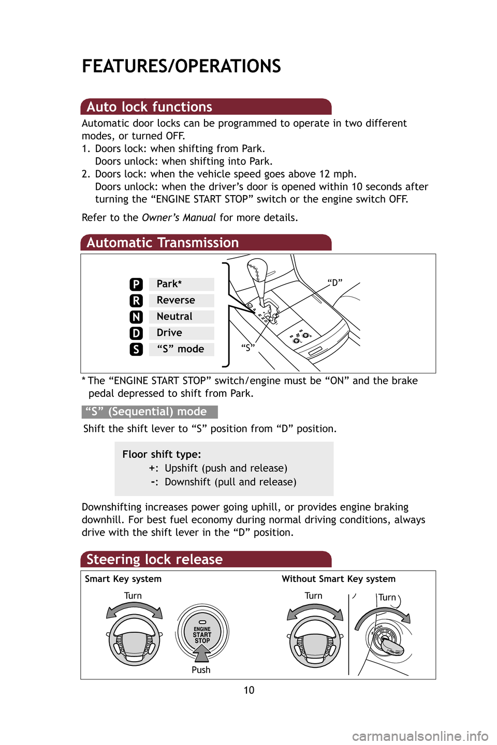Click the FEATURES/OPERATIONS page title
[181, 66]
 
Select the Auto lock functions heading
[149, 107]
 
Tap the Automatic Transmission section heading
[163, 243]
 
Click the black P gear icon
[136, 284]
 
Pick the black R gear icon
[136, 301]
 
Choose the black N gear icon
[136, 317]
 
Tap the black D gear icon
[136, 333]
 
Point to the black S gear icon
[136, 349]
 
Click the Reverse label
[176, 301]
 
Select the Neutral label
[174, 317]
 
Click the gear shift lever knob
[257, 271]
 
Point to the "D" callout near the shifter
[335, 282]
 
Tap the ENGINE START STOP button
[202, 632]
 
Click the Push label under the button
[201, 670]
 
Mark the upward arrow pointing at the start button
[201, 654]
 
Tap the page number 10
[249, 690]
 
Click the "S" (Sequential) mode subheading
[150, 412]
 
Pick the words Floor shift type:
[162, 455]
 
